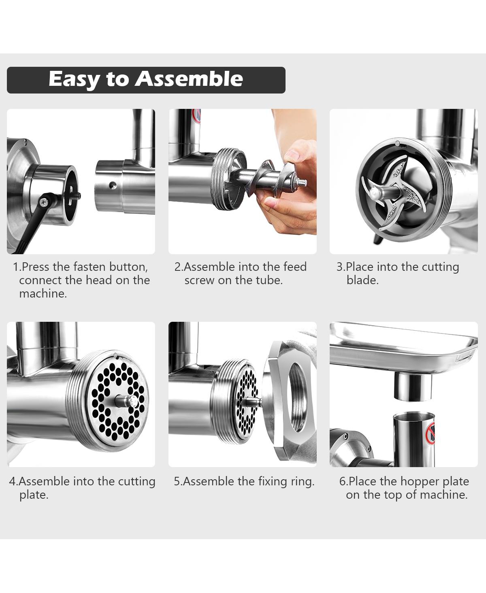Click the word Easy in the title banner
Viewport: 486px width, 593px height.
tap(73, 80)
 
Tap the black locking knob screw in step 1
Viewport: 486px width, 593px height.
tap(44, 201)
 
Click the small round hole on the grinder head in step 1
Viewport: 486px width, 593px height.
tap(113, 185)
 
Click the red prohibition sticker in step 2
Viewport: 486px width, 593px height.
tap(197, 116)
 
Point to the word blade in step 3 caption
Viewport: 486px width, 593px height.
tap(362, 280)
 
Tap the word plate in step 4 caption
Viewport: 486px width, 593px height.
tap(34, 495)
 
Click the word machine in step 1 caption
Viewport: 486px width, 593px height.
tap(43, 293)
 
